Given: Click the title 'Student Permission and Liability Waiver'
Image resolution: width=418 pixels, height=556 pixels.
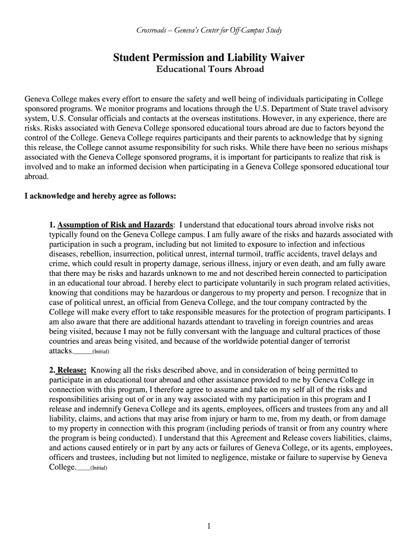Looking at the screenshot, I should click(x=209, y=57).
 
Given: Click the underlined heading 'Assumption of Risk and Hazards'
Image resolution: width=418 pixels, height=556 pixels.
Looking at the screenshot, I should click(x=116, y=225).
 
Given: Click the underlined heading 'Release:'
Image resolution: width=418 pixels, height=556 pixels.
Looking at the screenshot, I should click(x=72, y=370).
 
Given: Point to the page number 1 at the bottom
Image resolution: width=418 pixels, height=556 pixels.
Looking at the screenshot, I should click(x=209, y=526).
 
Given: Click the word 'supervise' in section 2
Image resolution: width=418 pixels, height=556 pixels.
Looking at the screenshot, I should click(x=331, y=458).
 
